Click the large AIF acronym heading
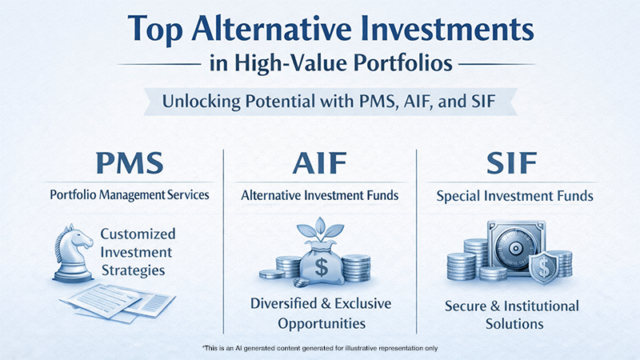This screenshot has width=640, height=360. pos(321,164)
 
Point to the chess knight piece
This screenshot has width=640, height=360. pos(74,253)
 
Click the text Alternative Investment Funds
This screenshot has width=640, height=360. pos(321,194)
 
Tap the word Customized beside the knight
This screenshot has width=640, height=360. pos(138,234)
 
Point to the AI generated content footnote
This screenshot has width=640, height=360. pos(321,348)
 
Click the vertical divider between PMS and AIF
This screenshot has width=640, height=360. pos(223,240)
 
